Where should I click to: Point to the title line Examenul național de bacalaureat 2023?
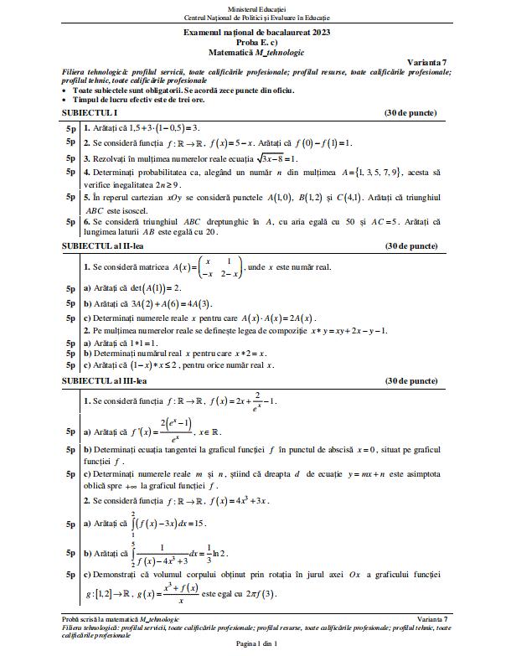click(x=255, y=30)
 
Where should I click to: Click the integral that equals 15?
click(x=173, y=524)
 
